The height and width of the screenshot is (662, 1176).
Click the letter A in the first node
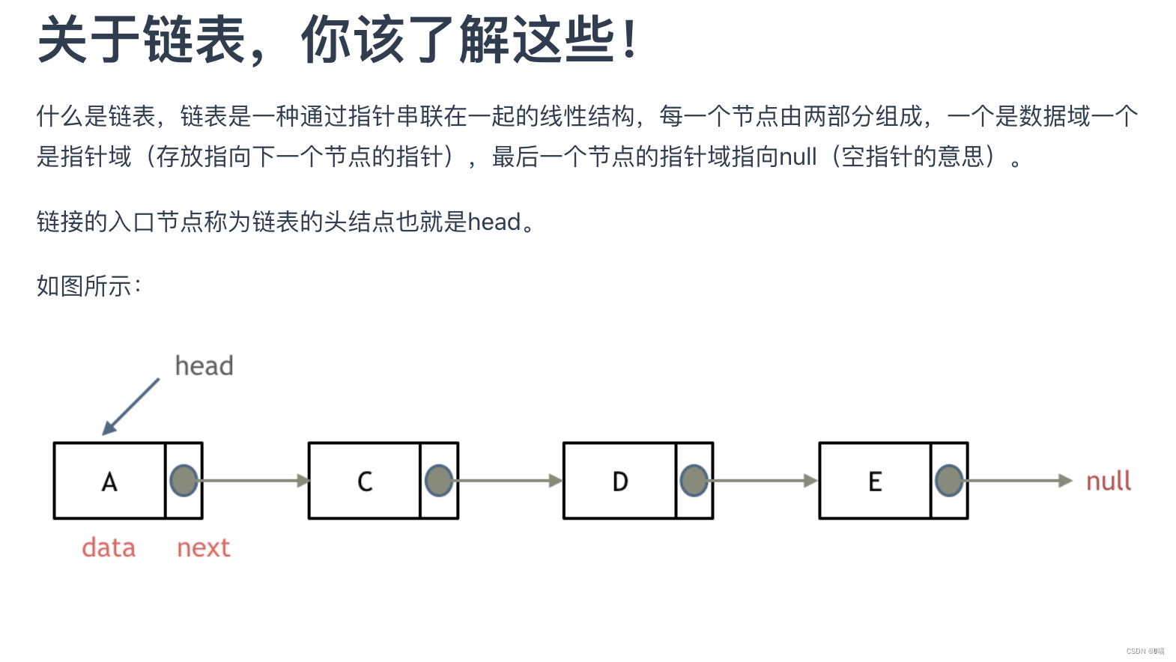(109, 482)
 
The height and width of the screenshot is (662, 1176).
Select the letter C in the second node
(365, 482)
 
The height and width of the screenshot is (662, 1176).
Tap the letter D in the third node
(620, 482)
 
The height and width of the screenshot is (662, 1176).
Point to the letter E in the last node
(875, 482)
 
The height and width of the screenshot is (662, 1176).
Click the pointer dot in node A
(184, 481)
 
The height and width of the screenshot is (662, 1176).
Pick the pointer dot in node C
(439, 481)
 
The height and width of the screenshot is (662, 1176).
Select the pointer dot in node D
(694, 481)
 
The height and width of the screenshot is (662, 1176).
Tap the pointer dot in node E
(949, 481)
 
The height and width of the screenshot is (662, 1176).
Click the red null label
(1109, 481)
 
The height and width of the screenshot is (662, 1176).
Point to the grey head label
(204, 365)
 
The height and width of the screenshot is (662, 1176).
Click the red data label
(109, 547)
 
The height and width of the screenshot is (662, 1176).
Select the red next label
(204, 547)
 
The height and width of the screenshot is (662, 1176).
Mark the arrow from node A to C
(255, 481)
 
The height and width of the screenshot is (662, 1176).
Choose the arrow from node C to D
(509, 481)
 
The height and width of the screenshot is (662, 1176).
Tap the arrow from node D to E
(765, 481)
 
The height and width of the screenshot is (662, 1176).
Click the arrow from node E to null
(1019, 481)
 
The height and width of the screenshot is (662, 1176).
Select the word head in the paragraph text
(494, 222)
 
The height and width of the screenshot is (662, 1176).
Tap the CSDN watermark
(1145, 652)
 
